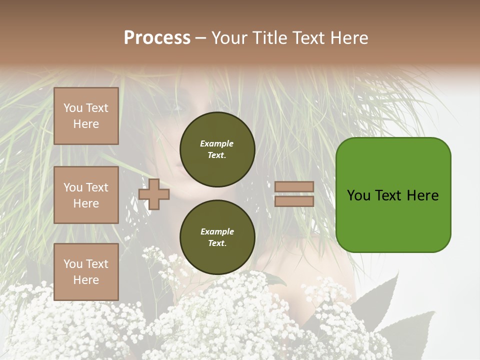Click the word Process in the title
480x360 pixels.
pyautogui.click(x=157, y=38)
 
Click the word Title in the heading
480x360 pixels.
pyautogui.click(x=268, y=38)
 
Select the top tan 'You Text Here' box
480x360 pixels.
pyautogui.click(x=86, y=116)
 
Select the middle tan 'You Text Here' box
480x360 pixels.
pyautogui.click(x=86, y=195)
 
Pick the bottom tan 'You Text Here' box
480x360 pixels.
pyautogui.click(x=86, y=272)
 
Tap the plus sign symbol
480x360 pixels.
pyautogui.click(x=154, y=194)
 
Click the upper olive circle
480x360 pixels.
pyautogui.click(x=217, y=149)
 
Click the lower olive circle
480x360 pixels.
pyautogui.click(x=217, y=237)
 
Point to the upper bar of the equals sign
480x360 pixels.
pyautogui.click(x=294, y=187)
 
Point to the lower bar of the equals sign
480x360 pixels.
pyautogui.click(x=294, y=201)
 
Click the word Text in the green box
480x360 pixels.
pyautogui.click(x=389, y=195)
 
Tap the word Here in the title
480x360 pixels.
pyautogui.click(x=349, y=38)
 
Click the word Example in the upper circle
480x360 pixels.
pyautogui.click(x=217, y=143)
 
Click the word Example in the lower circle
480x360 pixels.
pyautogui.click(x=217, y=231)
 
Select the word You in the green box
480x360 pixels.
pyautogui.click(x=358, y=195)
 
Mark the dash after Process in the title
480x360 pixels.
pyautogui.click(x=200, y=38)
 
